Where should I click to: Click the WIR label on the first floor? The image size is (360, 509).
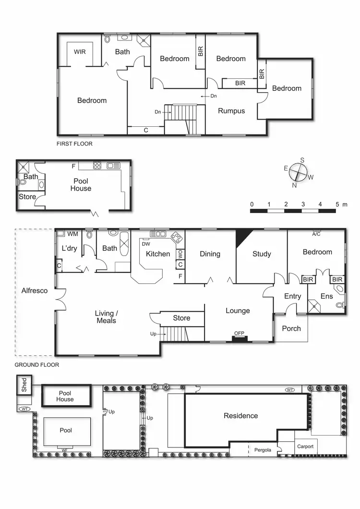[x=80, y=51]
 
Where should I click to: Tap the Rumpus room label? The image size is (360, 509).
[x=231, y=111]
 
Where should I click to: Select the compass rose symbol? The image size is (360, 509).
[x=299, y=172]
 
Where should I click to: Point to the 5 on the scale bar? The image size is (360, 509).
[x=337, y=205]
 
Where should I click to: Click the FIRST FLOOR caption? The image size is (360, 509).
[x=74, y=144]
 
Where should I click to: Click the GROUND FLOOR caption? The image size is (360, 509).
[x=36, y=365]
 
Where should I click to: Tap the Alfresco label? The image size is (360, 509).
[x=35, y=291]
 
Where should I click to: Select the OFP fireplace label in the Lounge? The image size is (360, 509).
[x=239, y=333]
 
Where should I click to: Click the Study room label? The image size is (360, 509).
[x=262, y=254]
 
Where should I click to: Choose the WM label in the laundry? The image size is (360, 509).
[x=72, y=234]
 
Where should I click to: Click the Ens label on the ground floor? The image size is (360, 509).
[x=326, y=297]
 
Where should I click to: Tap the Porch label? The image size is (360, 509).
[x=291, y=328]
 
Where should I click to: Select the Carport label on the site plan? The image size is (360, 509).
[x=305, y=447]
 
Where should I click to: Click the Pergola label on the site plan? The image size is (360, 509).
[x=263, y=450]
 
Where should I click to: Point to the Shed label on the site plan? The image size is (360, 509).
[x=24, y=385]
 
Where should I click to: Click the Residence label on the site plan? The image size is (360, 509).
[x=241, y=416]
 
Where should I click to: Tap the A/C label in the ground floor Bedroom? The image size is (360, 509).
[x=316, y=234]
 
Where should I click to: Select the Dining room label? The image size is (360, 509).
[x=210, y=254]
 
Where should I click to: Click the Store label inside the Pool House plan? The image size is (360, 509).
[x=27, y=197]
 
